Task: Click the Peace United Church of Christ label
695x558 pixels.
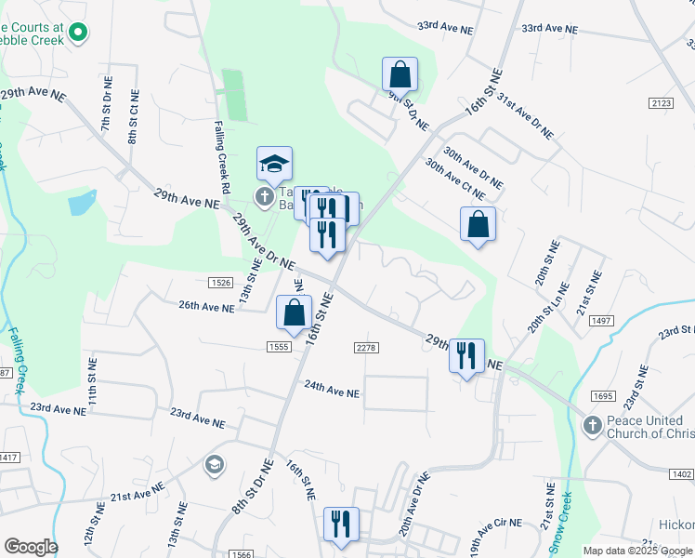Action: [x=649, y=429]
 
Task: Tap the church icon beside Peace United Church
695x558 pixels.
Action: [x=591, y=424]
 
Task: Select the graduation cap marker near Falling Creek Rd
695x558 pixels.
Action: [x=274, y=165]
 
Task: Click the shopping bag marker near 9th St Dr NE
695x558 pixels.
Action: [x=400, y=73]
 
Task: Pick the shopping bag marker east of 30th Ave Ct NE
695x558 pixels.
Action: [x=478, y=224]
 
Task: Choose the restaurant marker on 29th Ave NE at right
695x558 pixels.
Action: [x=466, y=355]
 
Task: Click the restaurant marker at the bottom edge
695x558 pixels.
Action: [x=341, y=524]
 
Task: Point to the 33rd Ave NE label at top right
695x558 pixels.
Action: [x=549, y=29]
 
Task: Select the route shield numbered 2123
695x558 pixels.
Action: [x=662, y=103]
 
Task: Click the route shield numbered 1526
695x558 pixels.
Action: [x=221, y=282]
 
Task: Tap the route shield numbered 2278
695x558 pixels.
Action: [x=366, y=347]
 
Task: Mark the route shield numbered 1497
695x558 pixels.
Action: [x=601, y=321]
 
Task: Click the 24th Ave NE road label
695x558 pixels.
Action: [x=332, y=393]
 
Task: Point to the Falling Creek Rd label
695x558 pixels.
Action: [x=221, y=157]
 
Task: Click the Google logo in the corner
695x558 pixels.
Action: [x=31, y=547]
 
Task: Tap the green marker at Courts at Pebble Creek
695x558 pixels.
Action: [x=78, y=33]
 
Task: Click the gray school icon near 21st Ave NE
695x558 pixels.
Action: [x=215, y=464]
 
